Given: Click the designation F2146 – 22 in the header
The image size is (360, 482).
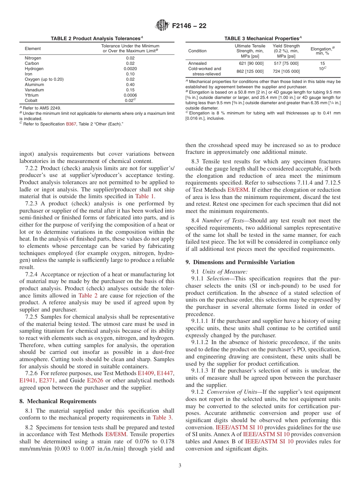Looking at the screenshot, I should click(189, 26).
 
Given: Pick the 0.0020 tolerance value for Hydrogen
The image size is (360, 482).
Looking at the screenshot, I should click(130, 69).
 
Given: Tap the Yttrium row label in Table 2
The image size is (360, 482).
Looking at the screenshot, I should click(31, 95).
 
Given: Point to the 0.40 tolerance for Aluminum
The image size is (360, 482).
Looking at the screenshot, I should click(130, 85).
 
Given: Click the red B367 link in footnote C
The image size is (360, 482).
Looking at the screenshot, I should click(71, 124).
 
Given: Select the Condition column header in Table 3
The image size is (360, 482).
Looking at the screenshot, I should click(197, 51).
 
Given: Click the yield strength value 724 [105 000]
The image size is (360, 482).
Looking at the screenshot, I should click(286, 71).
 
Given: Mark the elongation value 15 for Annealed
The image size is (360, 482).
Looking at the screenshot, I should click(322, 64).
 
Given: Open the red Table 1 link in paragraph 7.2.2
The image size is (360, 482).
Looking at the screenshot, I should click(145, 196).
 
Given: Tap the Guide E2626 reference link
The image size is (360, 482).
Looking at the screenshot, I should click(95, 380).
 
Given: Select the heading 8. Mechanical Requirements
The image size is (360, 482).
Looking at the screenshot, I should click(58, 401).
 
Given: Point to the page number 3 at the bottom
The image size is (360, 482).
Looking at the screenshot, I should click(180, 466).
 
